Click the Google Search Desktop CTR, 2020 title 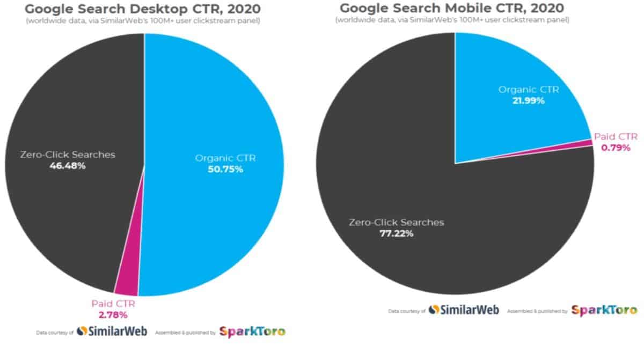tap(143, 9)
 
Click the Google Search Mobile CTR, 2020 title tap(452, 8)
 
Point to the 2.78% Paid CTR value tap(112, 314)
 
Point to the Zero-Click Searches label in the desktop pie tap(67, 155)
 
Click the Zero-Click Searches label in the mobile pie tap(397, 222)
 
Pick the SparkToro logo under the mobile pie tap(604, 310)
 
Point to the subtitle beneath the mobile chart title tap(452, 20)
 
